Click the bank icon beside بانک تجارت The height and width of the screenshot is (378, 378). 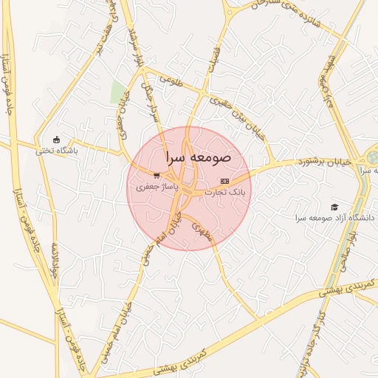(x=224, y=181)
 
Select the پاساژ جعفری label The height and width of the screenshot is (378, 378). (x=154, y=188)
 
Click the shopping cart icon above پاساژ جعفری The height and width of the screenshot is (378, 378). (x=156, y=176)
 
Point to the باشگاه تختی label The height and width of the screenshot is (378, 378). (x=57, y=151)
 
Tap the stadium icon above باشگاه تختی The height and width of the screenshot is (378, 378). (x=56, y=140)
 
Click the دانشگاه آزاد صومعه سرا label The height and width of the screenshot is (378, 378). (x=334, y=218)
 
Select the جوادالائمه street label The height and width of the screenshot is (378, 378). (x=52, y=263)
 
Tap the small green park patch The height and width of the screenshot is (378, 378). (x=118, y=92)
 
